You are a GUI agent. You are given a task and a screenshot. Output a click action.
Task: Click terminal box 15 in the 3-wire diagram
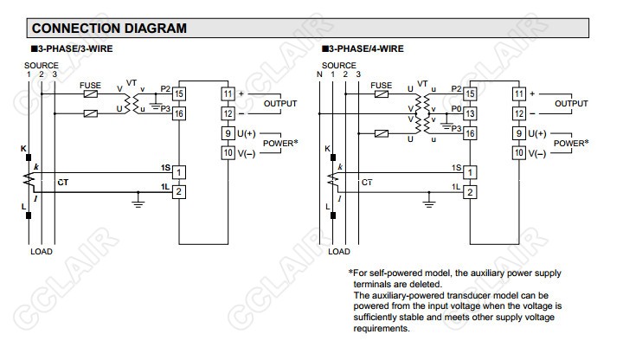180,93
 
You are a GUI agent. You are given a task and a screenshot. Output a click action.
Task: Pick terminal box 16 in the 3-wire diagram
180,113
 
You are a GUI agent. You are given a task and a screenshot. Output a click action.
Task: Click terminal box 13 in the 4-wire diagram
471,113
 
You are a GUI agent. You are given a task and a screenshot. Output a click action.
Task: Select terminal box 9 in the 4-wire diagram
519,134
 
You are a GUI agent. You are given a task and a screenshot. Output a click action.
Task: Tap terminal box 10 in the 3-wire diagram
228,153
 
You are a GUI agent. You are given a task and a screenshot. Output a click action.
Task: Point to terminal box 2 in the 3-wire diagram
180,191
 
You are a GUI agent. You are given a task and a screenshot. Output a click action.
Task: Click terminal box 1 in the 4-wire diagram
471,171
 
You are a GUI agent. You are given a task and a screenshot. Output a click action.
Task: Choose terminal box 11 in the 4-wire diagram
519,93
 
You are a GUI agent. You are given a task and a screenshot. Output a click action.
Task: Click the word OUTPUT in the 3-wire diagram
280,103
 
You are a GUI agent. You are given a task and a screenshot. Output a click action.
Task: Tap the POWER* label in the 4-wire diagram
571,143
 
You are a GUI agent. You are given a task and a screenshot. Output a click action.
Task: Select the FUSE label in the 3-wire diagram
90,85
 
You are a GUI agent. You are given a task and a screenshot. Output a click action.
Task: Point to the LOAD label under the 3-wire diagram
42,252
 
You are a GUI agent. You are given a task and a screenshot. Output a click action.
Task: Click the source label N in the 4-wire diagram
319,74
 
